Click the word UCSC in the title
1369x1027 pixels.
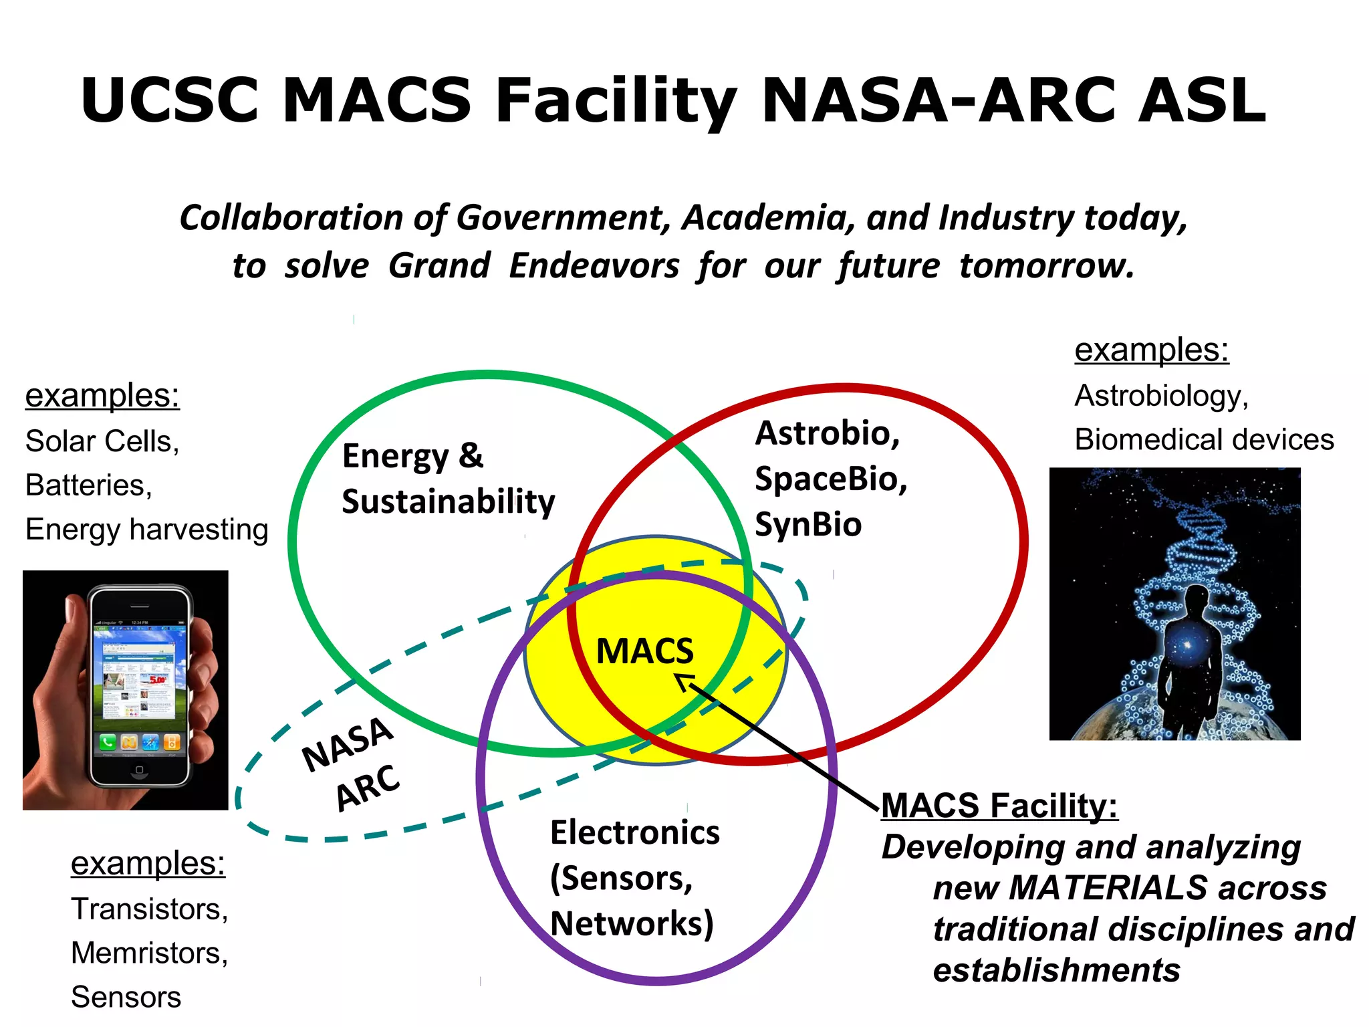(170, 100)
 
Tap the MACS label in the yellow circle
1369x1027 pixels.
(644, 651)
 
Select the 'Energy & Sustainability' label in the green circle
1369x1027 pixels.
(448, 479)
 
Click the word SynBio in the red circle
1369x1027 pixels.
(808, 525)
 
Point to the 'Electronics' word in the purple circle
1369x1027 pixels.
(634, 833)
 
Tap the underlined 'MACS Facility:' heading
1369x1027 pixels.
(999, 805)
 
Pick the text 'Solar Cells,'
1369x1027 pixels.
(102, 441)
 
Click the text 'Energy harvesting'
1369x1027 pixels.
(146, 530)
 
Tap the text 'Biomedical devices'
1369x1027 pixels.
(1204, 440)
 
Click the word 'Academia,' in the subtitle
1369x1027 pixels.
(769, 218)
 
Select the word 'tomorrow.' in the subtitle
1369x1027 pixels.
(1047, 266)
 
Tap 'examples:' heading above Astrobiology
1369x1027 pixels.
(1151, 350)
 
